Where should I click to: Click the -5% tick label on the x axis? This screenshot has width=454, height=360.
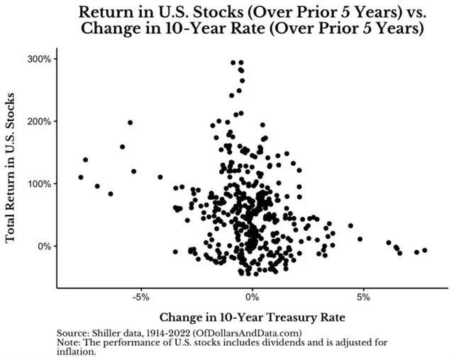[140, 296]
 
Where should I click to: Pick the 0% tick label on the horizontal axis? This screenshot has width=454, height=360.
[252, 296]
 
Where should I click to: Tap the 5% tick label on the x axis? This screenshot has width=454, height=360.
[363, 296]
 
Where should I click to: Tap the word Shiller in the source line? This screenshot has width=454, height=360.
[109, 332]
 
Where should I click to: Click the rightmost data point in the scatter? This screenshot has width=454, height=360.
[424, 250]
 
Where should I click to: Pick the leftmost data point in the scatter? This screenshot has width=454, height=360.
[81, 177]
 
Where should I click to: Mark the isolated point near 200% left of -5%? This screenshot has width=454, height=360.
[131, 123]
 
